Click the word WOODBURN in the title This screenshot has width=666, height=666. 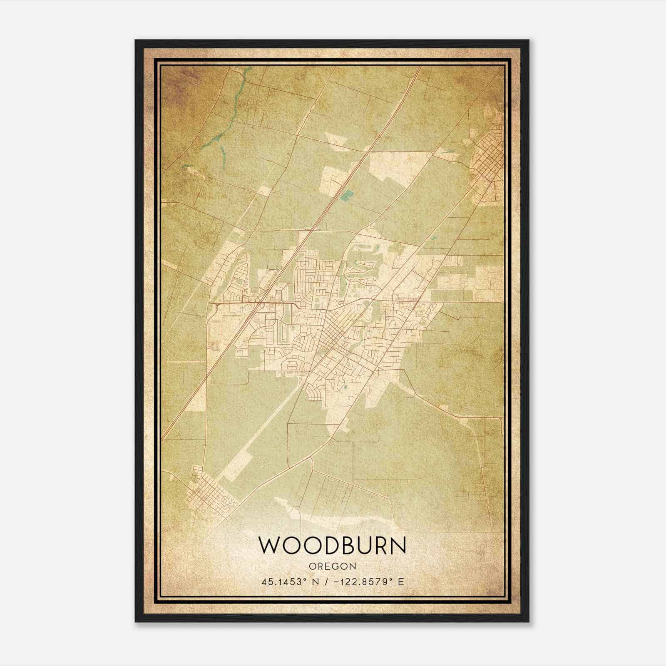click(332, 545)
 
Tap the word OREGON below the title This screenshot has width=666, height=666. click(333, 567)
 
